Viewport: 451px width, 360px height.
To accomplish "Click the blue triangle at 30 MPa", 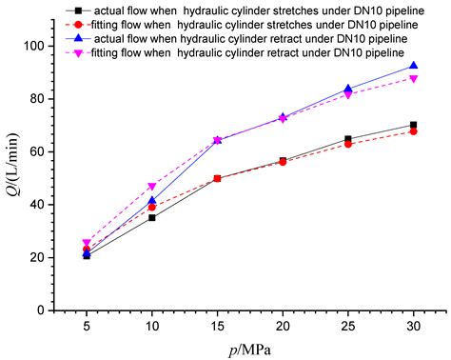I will click(x=413, y=66).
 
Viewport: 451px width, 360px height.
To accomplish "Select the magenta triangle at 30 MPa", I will click(x=413, y=78).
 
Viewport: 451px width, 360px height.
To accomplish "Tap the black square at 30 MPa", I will click(x=413, y=125).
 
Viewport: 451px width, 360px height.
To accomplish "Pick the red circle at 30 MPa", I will click(x=413, y=131).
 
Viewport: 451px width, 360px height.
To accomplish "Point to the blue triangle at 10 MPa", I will click(x=152, y=200).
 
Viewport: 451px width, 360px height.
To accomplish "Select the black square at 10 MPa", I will click(x=152, y=217).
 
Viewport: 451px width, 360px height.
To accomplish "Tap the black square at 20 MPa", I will click(x=283, y=160).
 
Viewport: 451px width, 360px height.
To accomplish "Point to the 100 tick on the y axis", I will click(x=38, y=46).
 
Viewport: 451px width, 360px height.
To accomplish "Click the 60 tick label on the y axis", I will click(x=41, y=151).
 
